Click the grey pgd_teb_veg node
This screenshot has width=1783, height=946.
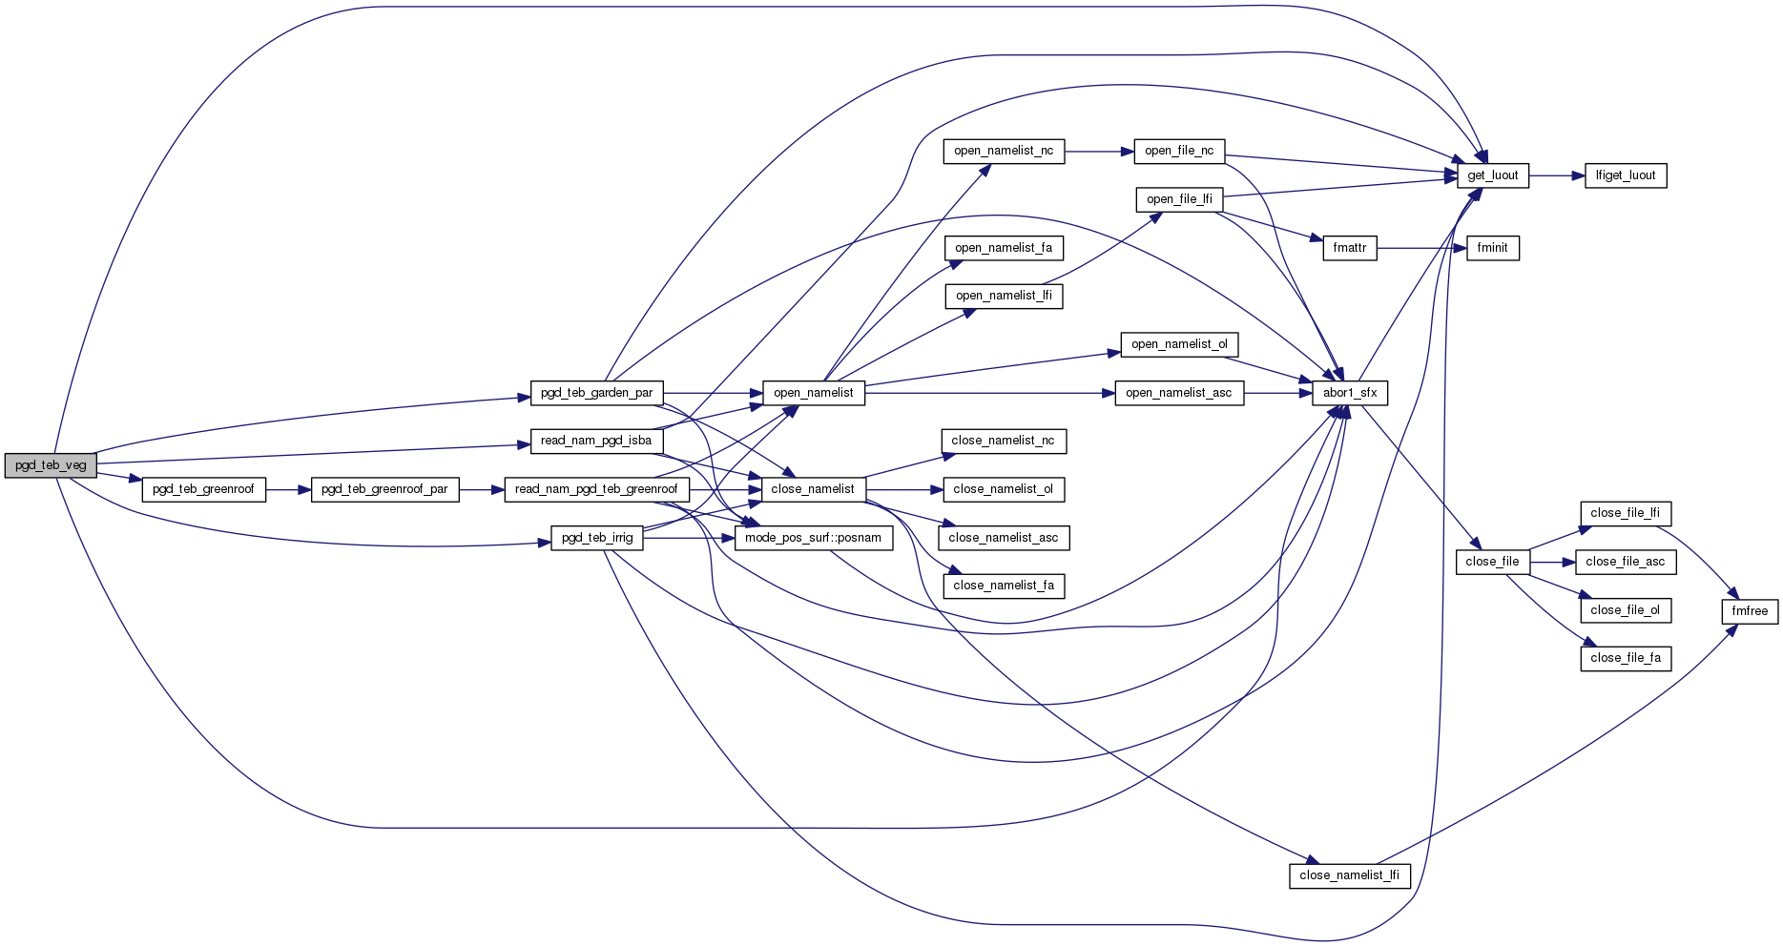[51, 465]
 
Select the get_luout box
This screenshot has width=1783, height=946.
[1492, 175]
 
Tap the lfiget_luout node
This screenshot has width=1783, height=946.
[1626, 175]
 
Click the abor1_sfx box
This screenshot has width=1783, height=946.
[1349, 393]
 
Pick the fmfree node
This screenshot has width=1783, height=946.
[1750, 611]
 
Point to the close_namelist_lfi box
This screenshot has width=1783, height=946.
[1349, 875]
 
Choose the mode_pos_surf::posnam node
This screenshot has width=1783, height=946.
[813, 538]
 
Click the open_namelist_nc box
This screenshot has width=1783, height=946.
[1004, 151]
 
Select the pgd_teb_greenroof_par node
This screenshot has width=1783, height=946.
[384, 489]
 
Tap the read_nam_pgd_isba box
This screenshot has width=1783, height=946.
[596, 441]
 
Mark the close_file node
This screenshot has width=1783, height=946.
[1492, 562]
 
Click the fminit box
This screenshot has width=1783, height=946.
[1492, 248]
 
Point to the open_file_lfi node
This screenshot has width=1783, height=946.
[1179, 199]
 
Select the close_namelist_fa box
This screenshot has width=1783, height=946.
[1004, 586]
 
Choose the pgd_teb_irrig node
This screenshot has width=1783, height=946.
[597, 538]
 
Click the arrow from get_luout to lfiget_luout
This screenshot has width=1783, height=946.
[1557, 175]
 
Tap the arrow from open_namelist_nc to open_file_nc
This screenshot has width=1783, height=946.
[1099, 151]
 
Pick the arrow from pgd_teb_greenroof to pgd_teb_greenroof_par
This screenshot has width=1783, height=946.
[288, 489]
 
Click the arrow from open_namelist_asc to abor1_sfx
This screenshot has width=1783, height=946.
[1278, 393]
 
